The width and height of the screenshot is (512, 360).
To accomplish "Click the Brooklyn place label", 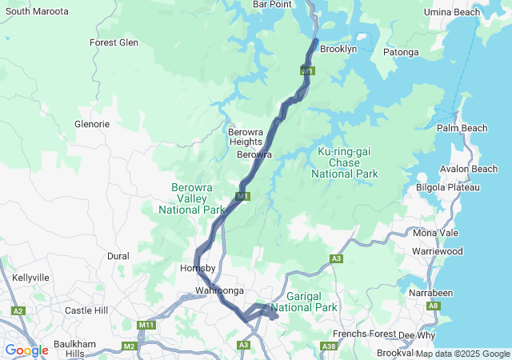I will (x=338, y=50).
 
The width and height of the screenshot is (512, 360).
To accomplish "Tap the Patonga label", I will (x=401, y=53).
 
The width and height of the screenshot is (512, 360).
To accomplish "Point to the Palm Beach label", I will (x=462, y=128).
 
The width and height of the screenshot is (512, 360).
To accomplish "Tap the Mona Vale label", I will (x=436, y=233).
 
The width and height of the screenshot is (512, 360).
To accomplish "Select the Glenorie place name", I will (x=91, y=125).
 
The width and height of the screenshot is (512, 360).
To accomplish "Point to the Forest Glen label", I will (x=114, y=43).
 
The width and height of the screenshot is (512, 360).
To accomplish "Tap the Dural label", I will (x=118, y=257).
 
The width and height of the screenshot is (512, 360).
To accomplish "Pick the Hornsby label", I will (x=194, y=268).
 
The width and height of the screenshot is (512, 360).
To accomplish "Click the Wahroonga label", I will (x=218, y=290).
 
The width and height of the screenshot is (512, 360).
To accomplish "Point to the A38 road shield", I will (x=327, y=346).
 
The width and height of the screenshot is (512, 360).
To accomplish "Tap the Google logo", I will (x=26, y=350).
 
